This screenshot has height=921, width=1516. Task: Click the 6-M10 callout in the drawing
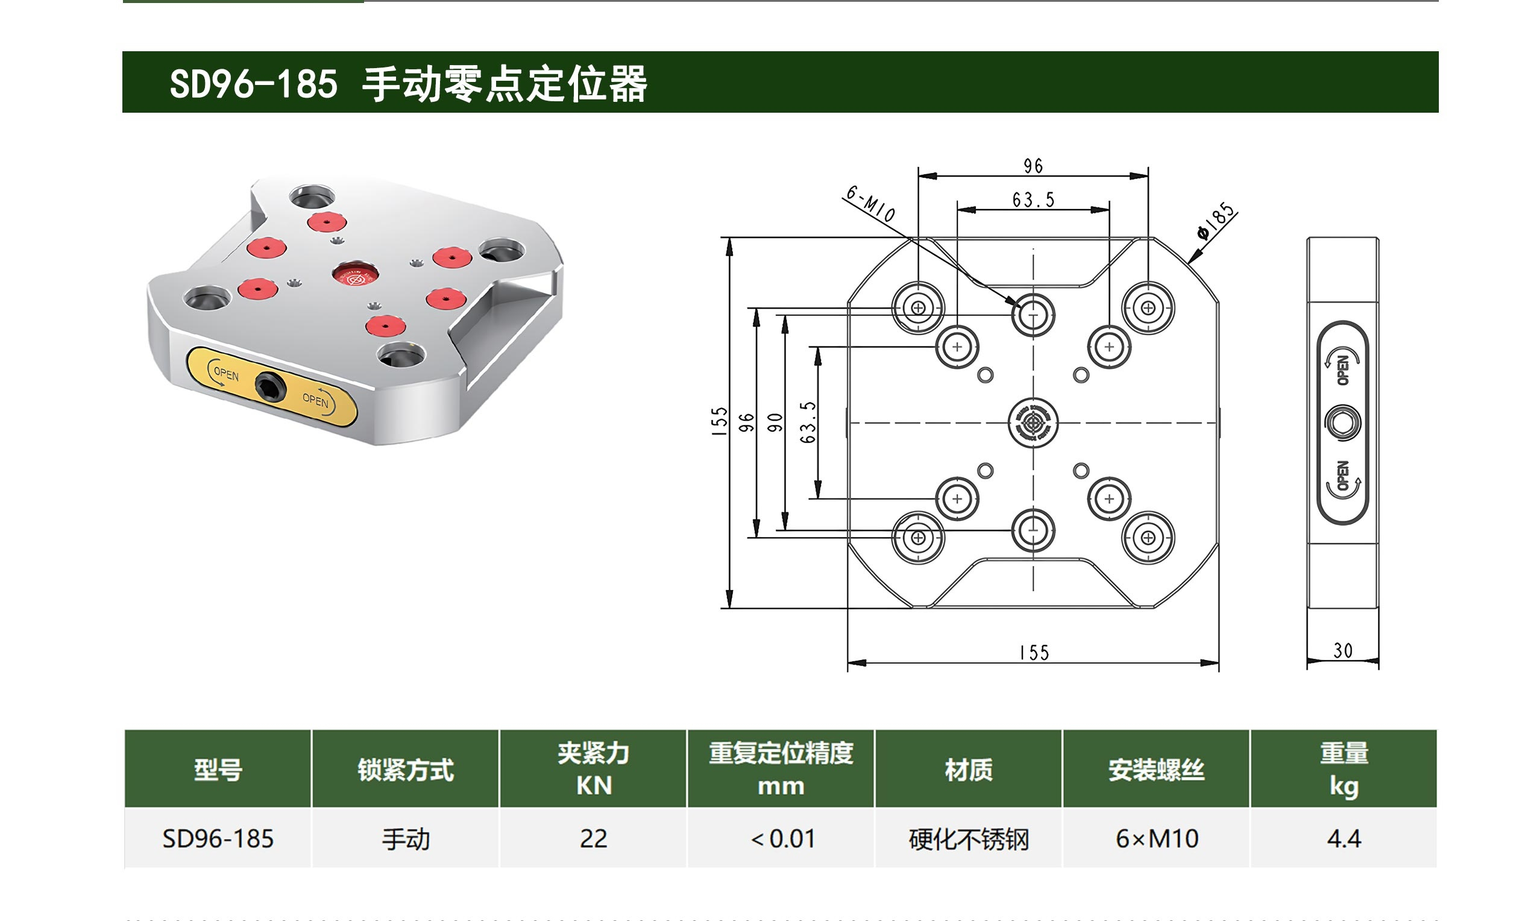870,204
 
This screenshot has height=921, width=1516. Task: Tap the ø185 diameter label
1216,220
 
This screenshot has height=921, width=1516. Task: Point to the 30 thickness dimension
1342,651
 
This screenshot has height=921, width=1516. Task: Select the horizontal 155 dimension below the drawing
1034,653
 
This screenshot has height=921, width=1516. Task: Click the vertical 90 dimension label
775,422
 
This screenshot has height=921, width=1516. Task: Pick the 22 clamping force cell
593,838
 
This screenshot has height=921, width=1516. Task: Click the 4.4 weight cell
1344,838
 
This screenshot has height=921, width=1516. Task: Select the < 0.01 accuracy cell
781,838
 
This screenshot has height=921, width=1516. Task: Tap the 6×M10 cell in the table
1157,838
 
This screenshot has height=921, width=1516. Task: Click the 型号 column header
218,770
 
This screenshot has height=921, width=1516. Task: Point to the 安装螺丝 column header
1156,770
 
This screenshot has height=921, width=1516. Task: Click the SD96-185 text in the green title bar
254,84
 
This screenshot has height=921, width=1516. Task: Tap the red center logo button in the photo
354,275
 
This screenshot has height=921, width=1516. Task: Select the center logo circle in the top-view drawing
1033,423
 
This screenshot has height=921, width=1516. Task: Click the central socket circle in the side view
1342,423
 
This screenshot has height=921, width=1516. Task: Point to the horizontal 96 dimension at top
1033,166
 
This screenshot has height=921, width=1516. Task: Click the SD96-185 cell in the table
218,838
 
